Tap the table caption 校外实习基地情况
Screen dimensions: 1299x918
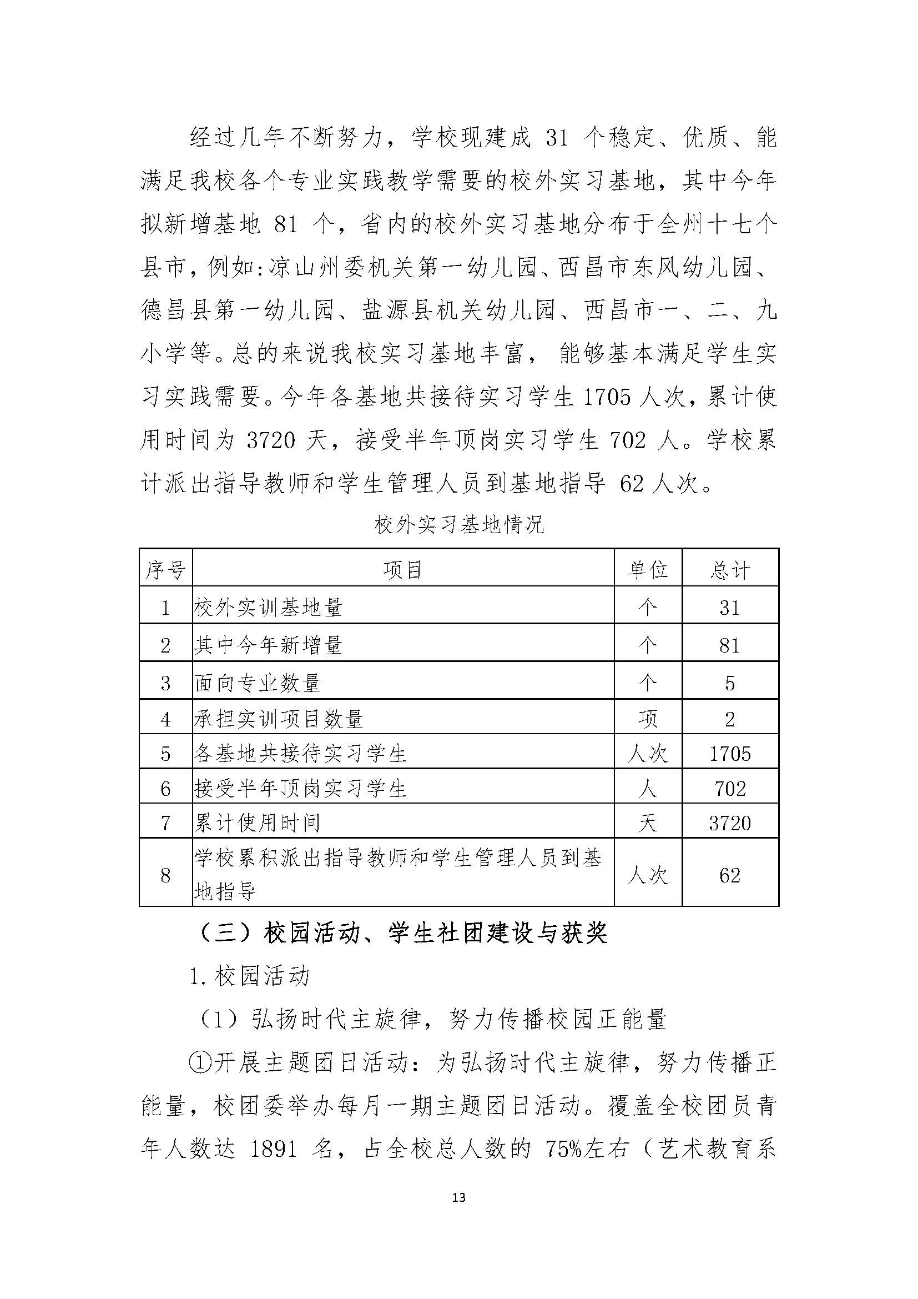(459, 525)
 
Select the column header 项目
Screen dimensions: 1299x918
(402, 570)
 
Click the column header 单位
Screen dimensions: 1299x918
(648, 570)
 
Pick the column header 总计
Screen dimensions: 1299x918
(730, 570)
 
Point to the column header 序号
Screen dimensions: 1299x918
(165, 570)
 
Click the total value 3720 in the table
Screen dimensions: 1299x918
(730, 822)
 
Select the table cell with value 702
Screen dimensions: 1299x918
(730, 788)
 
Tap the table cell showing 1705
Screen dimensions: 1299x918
(730, 754)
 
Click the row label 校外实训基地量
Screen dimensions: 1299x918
(269, 608)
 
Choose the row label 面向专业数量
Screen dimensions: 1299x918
(258, 683)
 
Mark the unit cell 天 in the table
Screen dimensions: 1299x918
(648, 822)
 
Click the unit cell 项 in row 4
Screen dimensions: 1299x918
(648, 719)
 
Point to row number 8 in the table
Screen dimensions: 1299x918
(165, 875)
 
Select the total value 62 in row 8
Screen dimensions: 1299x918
(730, 875)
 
